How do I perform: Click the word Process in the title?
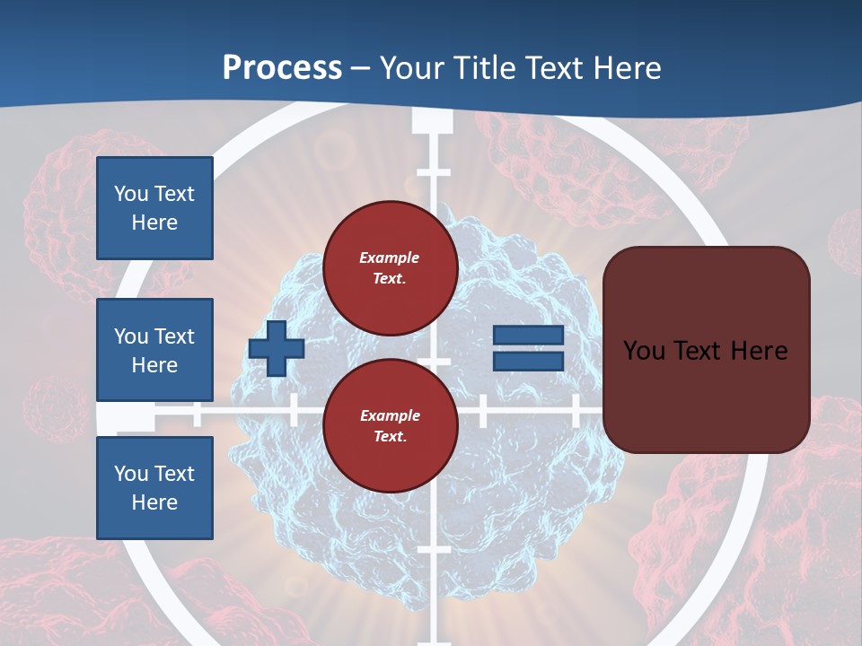[x=282, y=68]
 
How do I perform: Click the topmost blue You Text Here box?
[x=154, y=208]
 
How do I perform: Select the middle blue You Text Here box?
[x=154, y=350]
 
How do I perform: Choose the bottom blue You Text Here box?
[x=154, y=487]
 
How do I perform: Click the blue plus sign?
[x=277, y=348]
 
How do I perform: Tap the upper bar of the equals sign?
[x=528, y=335]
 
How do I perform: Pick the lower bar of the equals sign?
[x=528, y=361]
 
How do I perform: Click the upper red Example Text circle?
[x=390, y=268]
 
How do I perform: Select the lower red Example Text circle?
[x=390, y=426]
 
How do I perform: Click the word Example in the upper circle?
[x=390, y=258]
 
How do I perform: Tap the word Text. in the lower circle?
[x=390, y=437]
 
